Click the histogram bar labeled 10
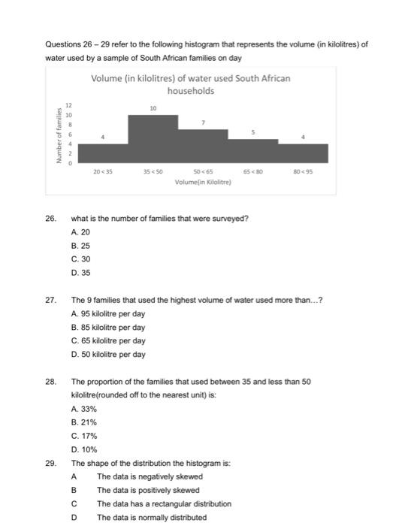tap(153, 138)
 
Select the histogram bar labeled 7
tap(203, 146)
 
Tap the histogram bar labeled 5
tap(253, 150)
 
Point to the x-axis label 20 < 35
tap(103, 172)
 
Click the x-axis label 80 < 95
tap(303, 172)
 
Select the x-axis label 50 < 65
tap(203, 172)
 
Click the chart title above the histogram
tap(190, 84)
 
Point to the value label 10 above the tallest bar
tap(153, 108)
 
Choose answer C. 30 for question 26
tap(80, 259)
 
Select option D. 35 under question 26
tap(80, 273)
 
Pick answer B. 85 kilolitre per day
tap(107, 328)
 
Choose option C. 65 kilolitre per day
tap(107, 341)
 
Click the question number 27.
tap(50, 301)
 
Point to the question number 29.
tap(50, 463)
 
